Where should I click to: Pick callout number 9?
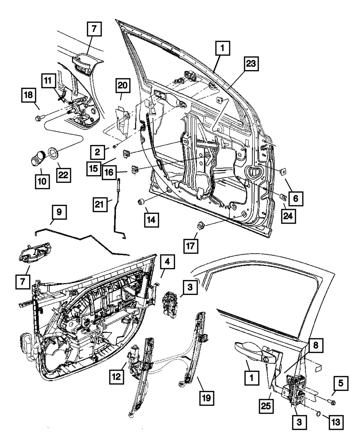(x=59, y=212)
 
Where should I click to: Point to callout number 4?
(x=167, y=263)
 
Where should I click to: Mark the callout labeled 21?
(x=99, y=205)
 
